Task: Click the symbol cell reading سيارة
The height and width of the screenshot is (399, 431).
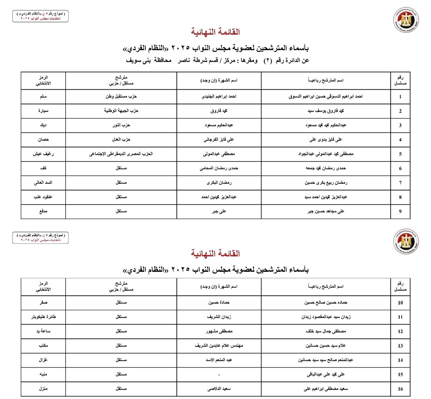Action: [43, 111]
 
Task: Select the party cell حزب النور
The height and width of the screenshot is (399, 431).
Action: [121, 125]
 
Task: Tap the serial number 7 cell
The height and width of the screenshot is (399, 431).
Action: [400, 183]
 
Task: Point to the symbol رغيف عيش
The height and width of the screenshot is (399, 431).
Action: [43, 154]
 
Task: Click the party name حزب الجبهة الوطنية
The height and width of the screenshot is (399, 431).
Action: [121, 111]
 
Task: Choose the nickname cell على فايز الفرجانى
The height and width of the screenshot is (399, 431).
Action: [219, 140]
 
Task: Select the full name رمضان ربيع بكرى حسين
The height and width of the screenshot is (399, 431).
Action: [326, 183]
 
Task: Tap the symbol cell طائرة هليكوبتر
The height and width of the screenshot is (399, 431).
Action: [43, 317]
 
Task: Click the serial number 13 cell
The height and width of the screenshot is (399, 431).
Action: [400, 346]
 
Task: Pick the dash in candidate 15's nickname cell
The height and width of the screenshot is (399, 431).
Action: [219, 375]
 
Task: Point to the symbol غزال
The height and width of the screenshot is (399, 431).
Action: [43, 360]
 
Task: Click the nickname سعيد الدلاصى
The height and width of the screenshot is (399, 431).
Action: [219, 389]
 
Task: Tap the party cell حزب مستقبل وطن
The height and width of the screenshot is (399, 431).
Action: [121, 97]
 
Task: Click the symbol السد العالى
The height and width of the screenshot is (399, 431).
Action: [43, 183]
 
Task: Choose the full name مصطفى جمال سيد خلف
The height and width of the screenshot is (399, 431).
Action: [326, 331]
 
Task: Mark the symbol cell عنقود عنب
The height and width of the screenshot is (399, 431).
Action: [43, 197]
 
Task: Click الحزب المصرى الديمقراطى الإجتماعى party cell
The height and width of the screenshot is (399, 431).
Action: [121, 154]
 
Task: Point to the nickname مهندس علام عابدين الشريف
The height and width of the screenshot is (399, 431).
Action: [219, 346]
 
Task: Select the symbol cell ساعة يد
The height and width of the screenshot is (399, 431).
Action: [43, 331]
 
